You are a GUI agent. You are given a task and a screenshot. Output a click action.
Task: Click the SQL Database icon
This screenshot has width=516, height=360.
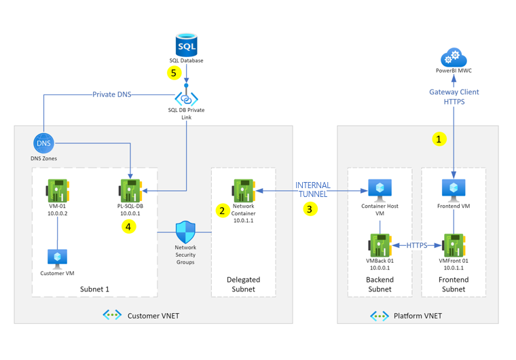(186, 45)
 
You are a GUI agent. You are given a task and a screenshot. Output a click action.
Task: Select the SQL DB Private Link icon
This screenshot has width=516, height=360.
(186, 98)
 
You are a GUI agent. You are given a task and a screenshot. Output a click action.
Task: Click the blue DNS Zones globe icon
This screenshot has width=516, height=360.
(43, 143)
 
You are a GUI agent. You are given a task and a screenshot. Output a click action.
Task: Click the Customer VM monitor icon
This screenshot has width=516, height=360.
(57, 257)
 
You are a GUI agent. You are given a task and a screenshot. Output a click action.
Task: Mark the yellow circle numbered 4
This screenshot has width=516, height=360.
(129, 226)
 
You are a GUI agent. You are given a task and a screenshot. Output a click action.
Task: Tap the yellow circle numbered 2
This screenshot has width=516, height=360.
(222, 211)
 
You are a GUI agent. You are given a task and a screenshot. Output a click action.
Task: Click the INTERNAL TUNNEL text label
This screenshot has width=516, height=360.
(313, 190)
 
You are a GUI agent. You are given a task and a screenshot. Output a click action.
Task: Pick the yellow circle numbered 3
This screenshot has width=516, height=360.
(310, 209)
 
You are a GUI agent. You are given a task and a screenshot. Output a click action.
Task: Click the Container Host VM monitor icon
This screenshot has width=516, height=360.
(380, 190)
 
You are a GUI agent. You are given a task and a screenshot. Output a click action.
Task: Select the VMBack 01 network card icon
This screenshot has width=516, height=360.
(380, 244)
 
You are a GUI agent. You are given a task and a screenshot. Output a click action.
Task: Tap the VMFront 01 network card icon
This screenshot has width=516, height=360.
(453, 244)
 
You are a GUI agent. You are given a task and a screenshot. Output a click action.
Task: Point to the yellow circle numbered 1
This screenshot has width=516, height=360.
(439, 139)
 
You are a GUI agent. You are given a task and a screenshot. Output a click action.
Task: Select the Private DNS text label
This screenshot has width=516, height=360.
(112, 94)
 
